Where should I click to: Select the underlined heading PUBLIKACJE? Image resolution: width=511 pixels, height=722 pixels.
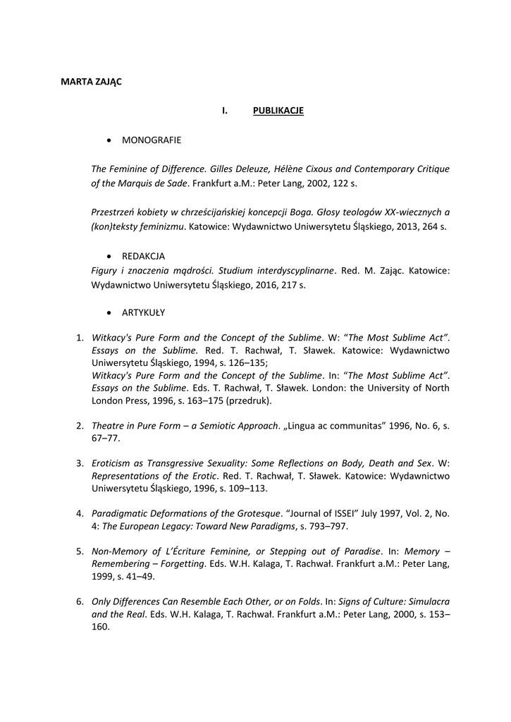(x=278, y=111)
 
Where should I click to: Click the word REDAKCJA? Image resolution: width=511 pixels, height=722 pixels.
(x=143, y=257)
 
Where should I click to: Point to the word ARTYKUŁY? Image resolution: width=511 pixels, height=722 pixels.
(x=144, y=312)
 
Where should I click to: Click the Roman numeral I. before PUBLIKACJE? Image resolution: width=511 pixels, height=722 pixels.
(x=225, y=111)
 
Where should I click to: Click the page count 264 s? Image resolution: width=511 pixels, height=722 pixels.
(x=434, y=227)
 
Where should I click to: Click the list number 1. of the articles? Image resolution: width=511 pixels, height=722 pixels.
(x=80, y=338)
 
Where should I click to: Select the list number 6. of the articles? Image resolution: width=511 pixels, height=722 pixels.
(x=80, y=601)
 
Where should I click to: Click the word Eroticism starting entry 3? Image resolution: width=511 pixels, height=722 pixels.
(x=113, y=463)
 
